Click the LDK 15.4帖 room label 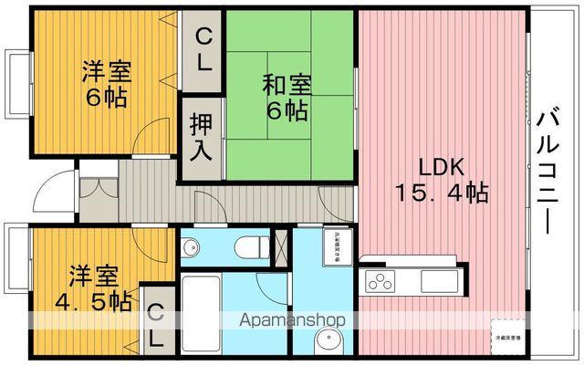coord(443,180)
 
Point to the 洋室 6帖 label coord(104,82)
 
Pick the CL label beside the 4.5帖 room coord(155,323)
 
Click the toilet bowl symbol coord(249,246)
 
